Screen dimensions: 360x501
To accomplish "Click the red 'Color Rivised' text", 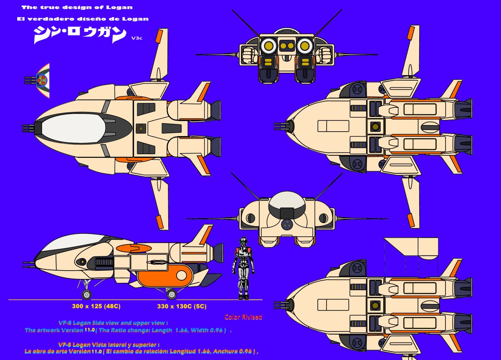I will [x=243, y=317].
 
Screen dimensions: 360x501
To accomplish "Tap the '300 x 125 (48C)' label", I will [x=96, y=306].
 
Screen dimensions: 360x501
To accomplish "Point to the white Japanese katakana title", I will [x=79, y=35].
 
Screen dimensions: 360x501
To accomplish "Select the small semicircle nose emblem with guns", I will [x=42, y=81].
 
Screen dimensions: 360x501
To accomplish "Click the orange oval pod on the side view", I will [x=165, y=275].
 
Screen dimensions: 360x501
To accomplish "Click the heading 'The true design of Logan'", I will [x=77, y=8].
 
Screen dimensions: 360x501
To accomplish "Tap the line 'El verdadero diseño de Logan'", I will [x=83, y=19].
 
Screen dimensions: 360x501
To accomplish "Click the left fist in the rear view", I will [x=249, y=55].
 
